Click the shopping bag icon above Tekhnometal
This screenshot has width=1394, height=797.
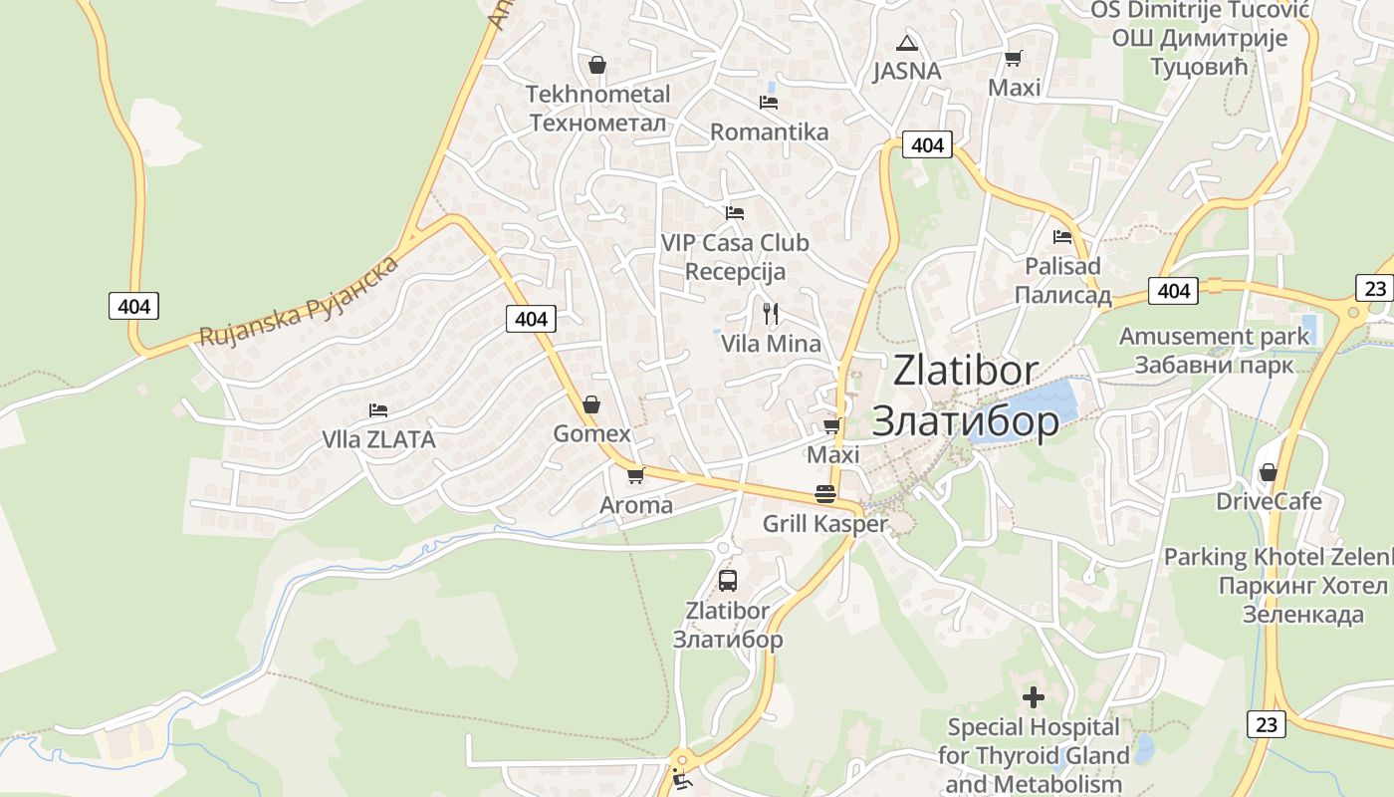[x=597, y=65]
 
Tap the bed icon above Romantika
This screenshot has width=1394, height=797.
[x=768, y=102]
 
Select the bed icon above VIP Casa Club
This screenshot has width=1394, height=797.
[x=735, y=212]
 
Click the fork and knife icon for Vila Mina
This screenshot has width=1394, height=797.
[x=770, y=314]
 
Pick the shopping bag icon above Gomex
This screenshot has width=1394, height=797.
[x=591, y=404]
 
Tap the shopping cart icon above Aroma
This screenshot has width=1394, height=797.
[x=636, y=475]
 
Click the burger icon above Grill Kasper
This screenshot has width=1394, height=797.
[x=824, y=493]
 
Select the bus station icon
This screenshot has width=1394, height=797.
[x=728, y=580]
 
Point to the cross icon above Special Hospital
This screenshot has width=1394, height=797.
[x=1034, y=696]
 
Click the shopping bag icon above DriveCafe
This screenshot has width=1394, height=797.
[x=1269, y=471]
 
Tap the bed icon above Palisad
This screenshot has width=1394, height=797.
[x=1062, y=237]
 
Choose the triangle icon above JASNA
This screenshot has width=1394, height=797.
[x=906, y=43]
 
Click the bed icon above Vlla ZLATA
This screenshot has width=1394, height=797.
[x=377, y=409]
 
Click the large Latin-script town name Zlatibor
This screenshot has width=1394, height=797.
[x=965, y=371]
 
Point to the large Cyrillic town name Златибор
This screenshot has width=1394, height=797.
[x=965, y=420]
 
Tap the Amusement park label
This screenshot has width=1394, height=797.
[x=1214, y=337]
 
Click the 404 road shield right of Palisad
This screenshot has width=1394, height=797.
[x=1174, y=290]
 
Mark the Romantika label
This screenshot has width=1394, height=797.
[x=769, y=133]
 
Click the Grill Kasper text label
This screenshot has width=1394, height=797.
[x=824, y=524]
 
